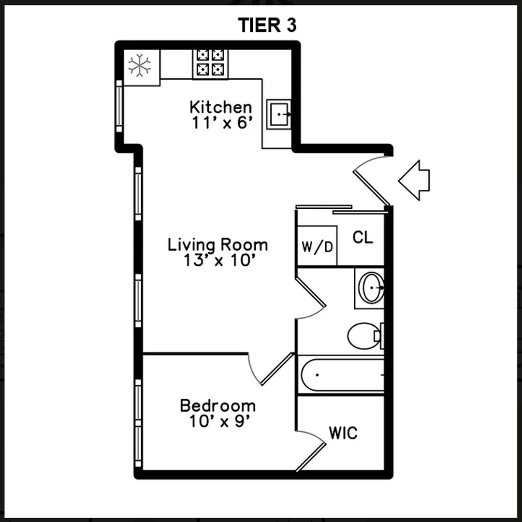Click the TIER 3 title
coord(267,25)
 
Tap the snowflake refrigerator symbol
coord(140,65)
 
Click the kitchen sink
coord(279,114)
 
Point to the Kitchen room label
coord(221,107)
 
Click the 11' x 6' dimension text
coord(221,123)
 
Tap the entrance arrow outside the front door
coord(414,180)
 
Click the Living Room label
coord(217,245)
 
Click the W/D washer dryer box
coord(317,246)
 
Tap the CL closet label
coord(362,237)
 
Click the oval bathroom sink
coord(373,288)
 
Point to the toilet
coord(365,336)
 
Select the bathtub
coord(341,375)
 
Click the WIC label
coord(343,433)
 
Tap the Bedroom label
coord(217,406)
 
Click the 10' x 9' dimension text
coord(220,422)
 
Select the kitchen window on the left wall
coord(119,106)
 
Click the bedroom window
coord(138,423)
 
